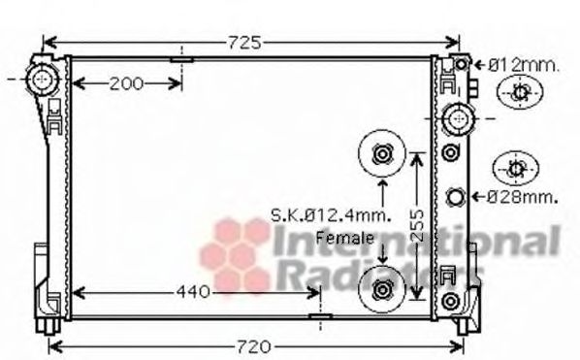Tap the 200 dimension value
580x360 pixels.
coord(126,83)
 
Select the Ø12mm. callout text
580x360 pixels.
coord(523,65)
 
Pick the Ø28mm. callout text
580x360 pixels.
coord(522,197)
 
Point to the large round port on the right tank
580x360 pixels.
coord(455,119)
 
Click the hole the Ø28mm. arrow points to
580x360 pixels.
coord(456,198)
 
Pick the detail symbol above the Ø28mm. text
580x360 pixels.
coord(514,168)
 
